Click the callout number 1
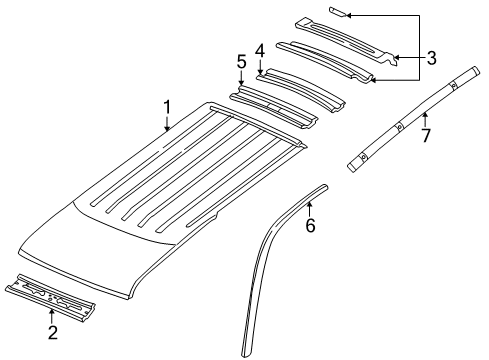coord(168,105)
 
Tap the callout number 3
coord(431,58)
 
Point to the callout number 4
coord(259,50)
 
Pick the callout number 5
coord(241,63)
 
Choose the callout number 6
coord(310,227)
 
